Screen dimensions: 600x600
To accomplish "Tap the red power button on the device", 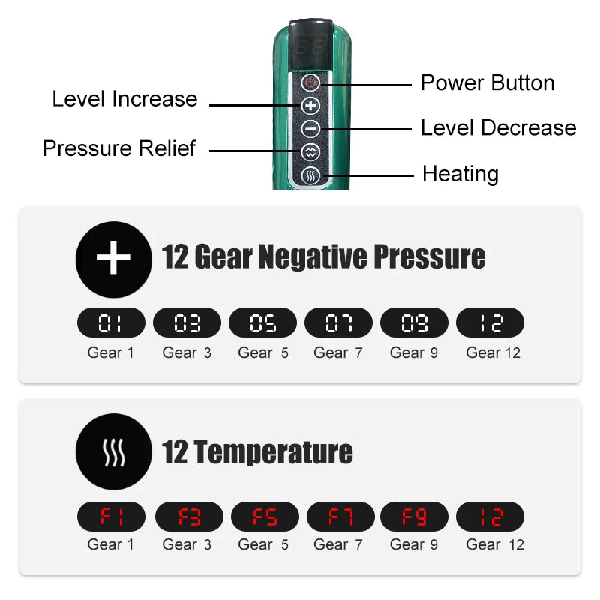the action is tap(310, 82).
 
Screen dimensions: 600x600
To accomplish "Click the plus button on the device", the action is tap(310, 106).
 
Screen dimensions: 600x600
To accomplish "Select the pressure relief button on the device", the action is tap(310, 152).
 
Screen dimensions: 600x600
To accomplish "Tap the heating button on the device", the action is tap(310, 175).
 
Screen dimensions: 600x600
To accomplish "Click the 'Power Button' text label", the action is tap(487, 82).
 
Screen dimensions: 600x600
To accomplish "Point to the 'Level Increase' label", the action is tap(124, 99).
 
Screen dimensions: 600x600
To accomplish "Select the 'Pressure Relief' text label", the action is tap(119, 148).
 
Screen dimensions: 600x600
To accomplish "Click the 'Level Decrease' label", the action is tap(499, 127).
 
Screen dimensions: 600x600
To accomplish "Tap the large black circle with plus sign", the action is tap(114, 259).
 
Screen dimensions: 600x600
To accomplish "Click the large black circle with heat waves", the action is tap(114, 451).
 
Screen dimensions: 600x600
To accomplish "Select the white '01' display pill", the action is tap(111, 322).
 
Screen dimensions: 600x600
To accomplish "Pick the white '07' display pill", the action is tap(338, 322).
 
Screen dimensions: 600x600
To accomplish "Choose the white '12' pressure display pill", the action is tap(490, 322).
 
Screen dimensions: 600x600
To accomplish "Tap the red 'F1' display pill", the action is tap(111, 517).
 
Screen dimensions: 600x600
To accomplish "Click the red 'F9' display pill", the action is tap(414, 517).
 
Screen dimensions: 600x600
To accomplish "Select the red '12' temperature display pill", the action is tap(490, 517).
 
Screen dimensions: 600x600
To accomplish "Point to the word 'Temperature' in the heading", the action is tap(273, 452).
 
